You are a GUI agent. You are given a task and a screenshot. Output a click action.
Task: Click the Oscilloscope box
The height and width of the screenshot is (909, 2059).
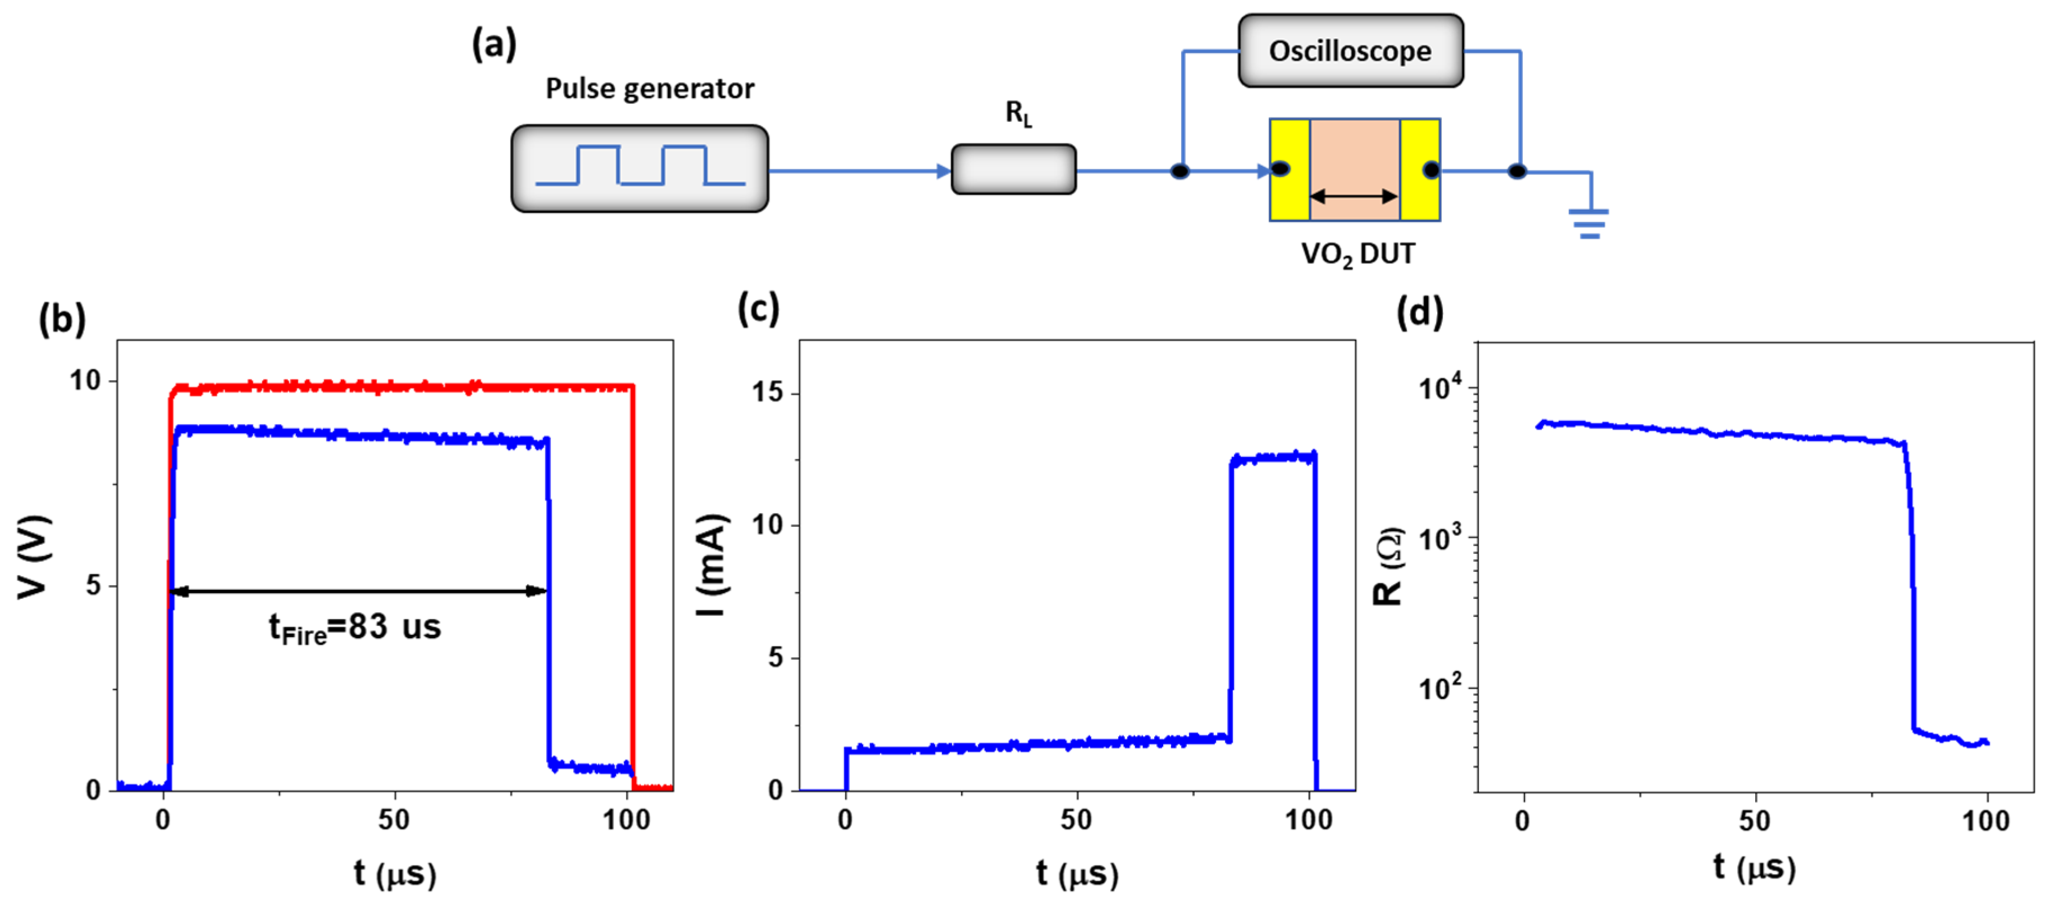click(1350, 51)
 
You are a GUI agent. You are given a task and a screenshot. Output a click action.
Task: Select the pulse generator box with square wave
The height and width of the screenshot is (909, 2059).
click(640, 168)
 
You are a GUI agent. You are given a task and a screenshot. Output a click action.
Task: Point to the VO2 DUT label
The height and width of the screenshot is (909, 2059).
click(1357, 254)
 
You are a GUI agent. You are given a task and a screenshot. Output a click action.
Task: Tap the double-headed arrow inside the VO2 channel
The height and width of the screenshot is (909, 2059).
click(1354, 196)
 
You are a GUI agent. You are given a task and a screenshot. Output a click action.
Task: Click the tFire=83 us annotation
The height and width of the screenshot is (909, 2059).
click(355, 628)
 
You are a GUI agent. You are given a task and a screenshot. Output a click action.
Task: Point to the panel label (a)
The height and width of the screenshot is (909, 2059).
click(494, 44)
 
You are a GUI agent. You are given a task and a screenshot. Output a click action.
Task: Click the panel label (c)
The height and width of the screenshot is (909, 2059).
click(758, 308)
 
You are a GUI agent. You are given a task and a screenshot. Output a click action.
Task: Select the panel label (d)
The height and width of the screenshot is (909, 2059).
click(1419, 311)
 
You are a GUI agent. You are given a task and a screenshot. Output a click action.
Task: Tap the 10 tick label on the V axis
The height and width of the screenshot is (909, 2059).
click(85, 380)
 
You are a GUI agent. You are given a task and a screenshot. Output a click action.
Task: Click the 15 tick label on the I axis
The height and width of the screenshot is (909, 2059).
click(767, 393)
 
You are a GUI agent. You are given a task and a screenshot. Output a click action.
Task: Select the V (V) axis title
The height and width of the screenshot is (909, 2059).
click(34, 556)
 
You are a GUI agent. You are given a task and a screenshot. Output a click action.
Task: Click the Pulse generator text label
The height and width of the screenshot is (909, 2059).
click(649, 89)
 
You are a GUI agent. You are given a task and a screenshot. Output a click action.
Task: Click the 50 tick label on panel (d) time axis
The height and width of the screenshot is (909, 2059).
click(1755, 821)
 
